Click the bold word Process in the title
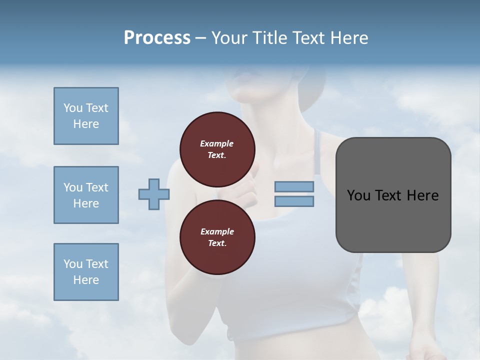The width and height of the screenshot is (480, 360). pos(157,38)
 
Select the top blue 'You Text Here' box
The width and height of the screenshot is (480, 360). pos(86,116)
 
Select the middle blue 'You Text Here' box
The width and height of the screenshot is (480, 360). pos(86,195)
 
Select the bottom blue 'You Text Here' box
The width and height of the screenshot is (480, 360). pos(86,272)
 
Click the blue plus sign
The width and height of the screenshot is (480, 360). pos(154,194)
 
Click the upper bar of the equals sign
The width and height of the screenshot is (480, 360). pos(294,186)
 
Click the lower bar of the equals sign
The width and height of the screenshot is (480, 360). pos(294,201)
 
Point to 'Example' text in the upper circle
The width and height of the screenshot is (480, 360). pos(217,143)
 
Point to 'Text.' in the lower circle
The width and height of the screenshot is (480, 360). pos(217,243)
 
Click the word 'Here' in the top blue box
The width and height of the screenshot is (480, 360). pos(86,124)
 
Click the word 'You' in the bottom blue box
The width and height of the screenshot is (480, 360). pos(73,264)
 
